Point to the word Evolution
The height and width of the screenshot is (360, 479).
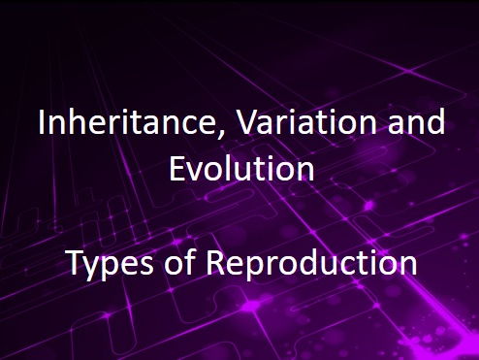coord(240,169)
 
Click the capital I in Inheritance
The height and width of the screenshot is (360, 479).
coord(40,125)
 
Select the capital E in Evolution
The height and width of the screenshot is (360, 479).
coord(177,169)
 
